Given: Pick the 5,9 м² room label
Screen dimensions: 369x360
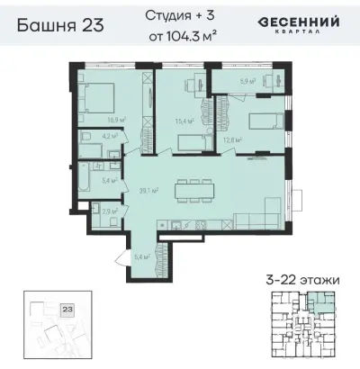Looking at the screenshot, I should point(245,81).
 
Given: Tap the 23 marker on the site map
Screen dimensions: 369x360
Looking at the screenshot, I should point(66,309).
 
